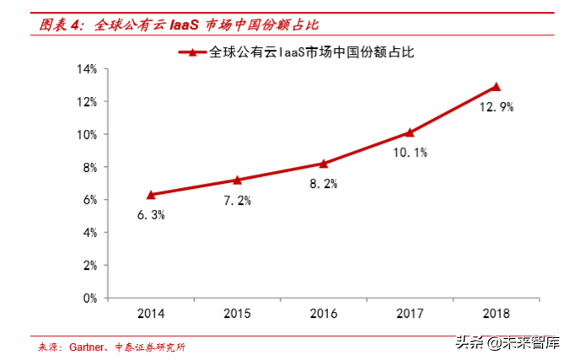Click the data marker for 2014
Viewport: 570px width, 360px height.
[151, 195]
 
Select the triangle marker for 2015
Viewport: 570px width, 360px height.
[237, 180]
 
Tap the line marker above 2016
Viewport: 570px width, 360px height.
[323, 164]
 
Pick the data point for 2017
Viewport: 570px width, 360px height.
[410, 132]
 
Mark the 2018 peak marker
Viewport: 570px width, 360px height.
[496, 87]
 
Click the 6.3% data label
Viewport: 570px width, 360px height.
[151, 215]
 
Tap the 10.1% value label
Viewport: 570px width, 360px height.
[411, 153]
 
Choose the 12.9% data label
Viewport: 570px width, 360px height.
[496, 107]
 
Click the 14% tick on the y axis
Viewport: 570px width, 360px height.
[88, 69]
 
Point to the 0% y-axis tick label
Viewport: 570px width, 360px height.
[91, 298]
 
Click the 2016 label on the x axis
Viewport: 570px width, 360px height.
[323, 314]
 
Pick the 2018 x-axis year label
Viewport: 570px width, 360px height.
[496, 314]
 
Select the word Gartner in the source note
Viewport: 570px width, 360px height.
[84, 347]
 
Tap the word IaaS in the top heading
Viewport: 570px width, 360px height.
[182, 25]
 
